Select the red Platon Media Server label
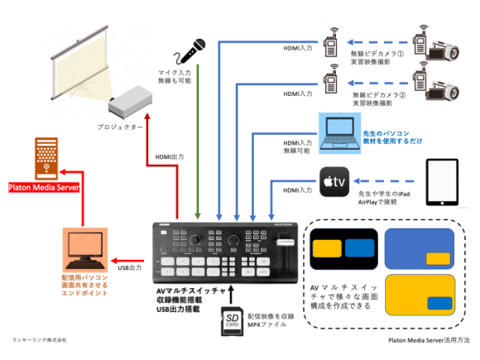[x=42, y=187]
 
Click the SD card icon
[x=233, y=319]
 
